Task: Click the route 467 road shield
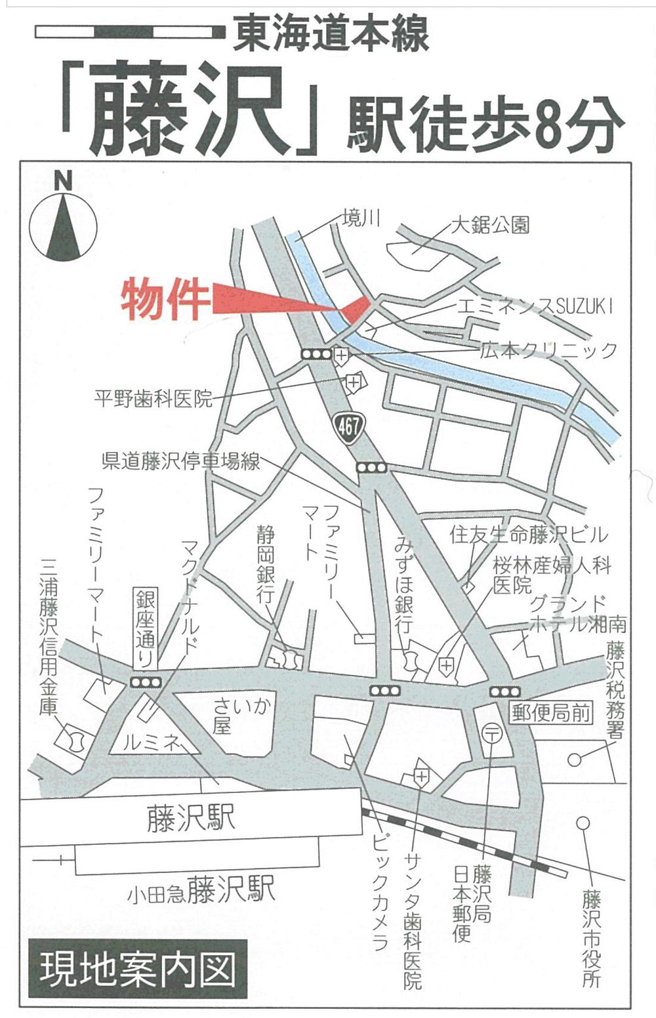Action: [x=348, y=426]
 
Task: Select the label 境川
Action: [x=361, y=218]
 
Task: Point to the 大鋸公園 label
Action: [x=490, y=226]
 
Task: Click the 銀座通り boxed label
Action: [x=146, y=628]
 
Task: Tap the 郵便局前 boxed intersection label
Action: [x=551, y=712]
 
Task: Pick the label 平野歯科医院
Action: [x=154, y=398]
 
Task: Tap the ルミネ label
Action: [x=152, y=743]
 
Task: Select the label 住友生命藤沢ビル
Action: [x=529, y=535]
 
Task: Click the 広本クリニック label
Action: [x=548, y=350]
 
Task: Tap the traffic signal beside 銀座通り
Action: [x=146, y=682]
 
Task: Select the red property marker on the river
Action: [x=355, y=308]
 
